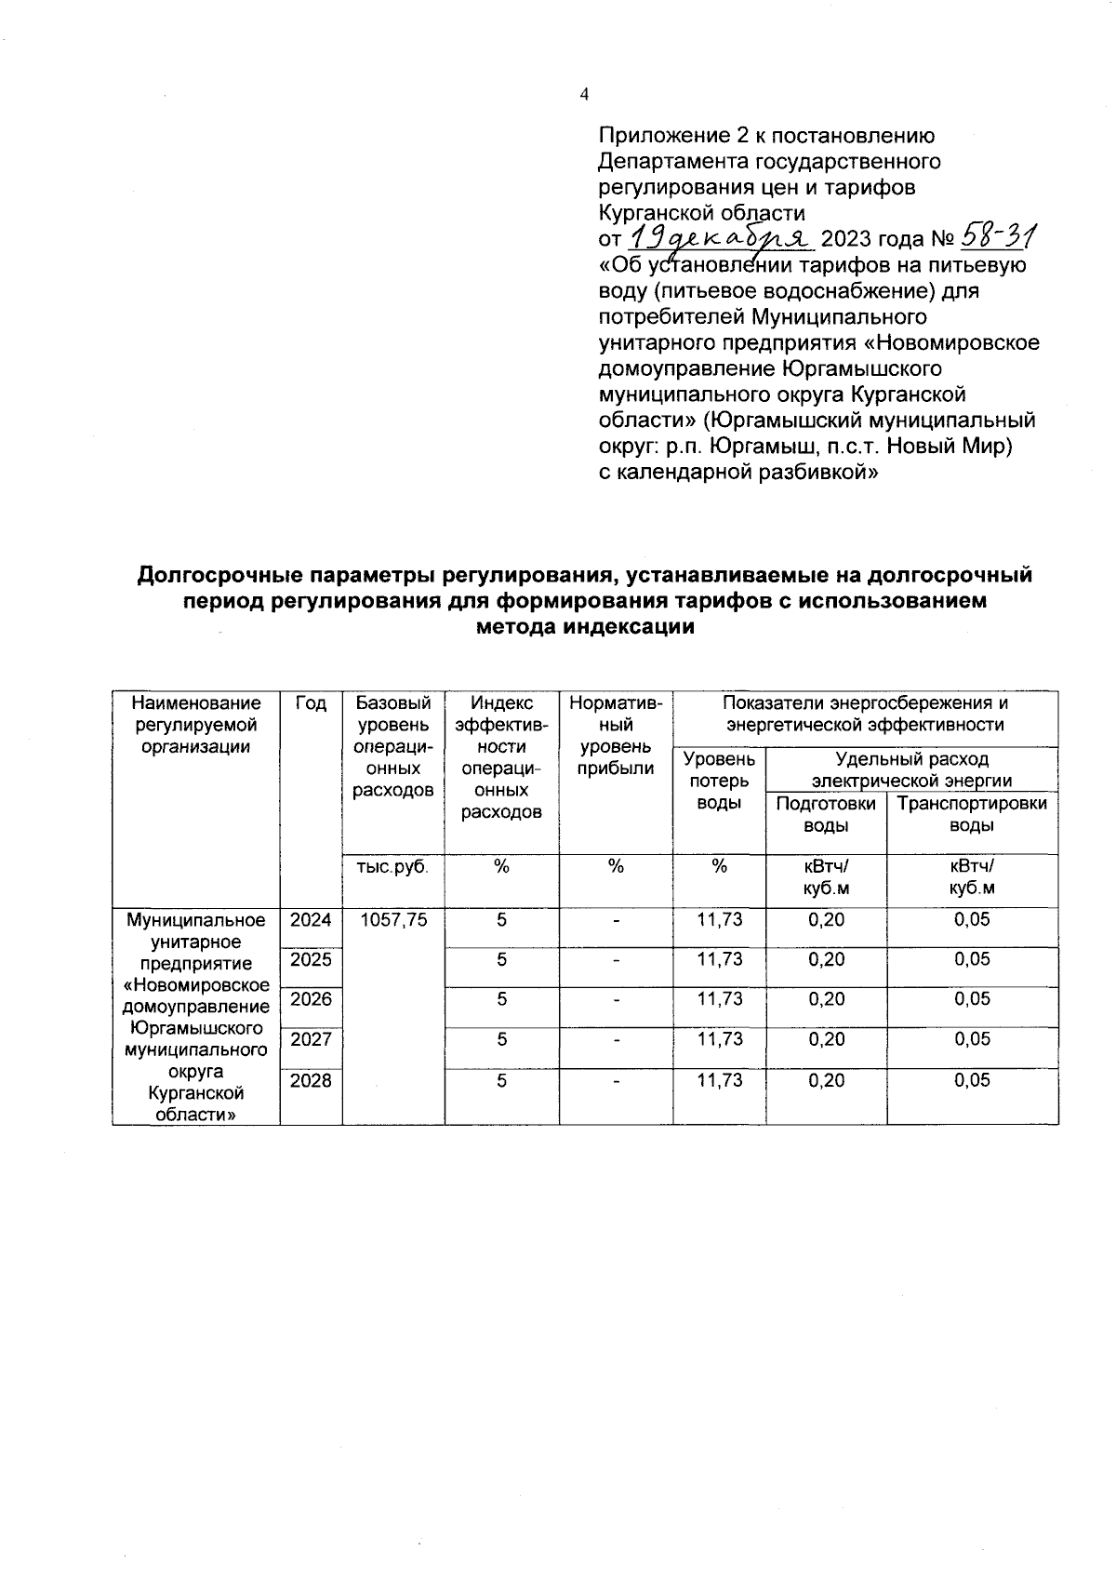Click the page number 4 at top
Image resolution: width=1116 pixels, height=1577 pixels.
point(584,94)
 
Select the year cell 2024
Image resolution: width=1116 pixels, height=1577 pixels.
point(311,920)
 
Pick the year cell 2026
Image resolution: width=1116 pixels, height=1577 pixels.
point(311,999)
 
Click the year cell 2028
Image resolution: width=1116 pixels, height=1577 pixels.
point(311,1080)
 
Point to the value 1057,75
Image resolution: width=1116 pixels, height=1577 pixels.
point(393,920)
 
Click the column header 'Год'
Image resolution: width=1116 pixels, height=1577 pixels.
point(311,704)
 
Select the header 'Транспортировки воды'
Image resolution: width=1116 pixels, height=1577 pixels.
point(972,814)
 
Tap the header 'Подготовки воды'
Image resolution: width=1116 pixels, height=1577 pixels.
point(826,814)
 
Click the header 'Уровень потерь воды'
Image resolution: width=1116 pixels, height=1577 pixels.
point(719,782)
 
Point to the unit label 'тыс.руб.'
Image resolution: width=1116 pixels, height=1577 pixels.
point(392,867)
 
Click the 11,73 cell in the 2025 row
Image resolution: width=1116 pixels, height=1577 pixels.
point(720,959)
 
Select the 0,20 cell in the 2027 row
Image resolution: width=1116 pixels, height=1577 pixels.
point(826,1039)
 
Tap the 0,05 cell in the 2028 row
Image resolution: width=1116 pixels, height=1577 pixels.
point(972,1080)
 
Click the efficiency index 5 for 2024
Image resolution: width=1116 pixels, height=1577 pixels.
point(501,920)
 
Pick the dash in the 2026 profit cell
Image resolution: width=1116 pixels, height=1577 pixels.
point(616,999)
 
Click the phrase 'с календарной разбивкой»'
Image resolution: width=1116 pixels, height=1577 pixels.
point(738,473)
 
